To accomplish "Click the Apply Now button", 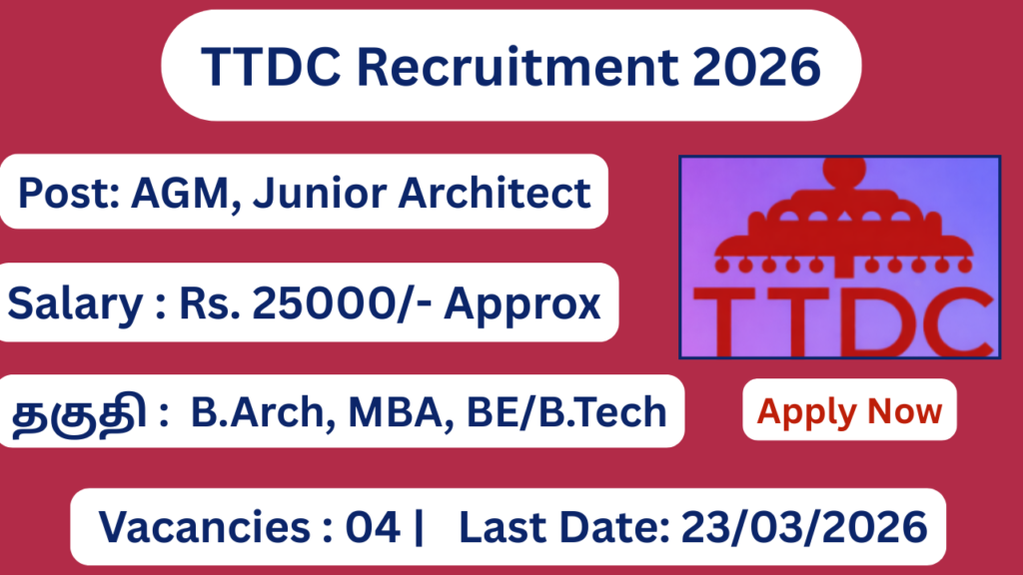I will point(849,410).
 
